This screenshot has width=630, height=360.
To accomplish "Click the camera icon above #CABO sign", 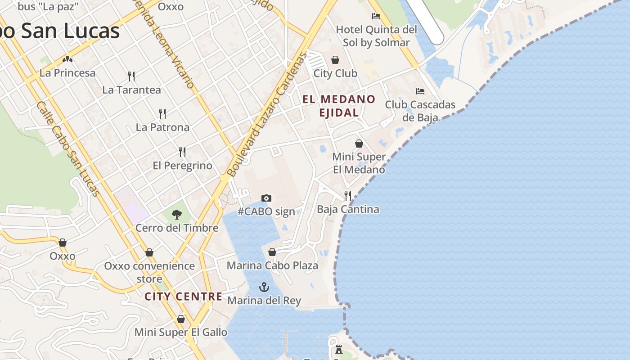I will click(266, 198).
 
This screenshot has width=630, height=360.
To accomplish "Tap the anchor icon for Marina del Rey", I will click(264, 287).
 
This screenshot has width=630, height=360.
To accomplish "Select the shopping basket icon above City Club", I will click(335, 60).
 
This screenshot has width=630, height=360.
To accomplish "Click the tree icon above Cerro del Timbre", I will click(177, 214).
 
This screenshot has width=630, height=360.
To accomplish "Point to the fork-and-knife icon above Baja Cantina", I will click(348, 195).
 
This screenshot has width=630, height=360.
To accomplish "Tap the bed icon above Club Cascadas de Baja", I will click(420, 91).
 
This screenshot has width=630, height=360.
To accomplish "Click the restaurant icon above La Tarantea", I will click(131, 76).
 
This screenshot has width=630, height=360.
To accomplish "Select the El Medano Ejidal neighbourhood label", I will click(339, 106).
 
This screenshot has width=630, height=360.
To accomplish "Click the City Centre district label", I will click(184, 297).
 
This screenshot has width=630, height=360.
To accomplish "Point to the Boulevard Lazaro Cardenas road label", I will click(268, 115).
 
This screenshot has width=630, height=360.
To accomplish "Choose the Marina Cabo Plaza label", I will click(272, 265).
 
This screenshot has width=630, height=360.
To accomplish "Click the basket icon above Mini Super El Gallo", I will click(181, 319).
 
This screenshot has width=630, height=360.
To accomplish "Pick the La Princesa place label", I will click(67, 73).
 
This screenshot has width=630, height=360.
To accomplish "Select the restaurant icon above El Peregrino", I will click(182, 152).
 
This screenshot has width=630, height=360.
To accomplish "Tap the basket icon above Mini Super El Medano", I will click(359, 144).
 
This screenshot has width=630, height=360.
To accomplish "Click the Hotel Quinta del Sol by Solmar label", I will click(377, 36).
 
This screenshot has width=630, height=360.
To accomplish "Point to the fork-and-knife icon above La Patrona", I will click(162, 113).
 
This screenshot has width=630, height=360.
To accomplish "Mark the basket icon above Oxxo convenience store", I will click(149, 252).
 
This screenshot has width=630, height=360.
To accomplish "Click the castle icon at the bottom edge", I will click(338, 350).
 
